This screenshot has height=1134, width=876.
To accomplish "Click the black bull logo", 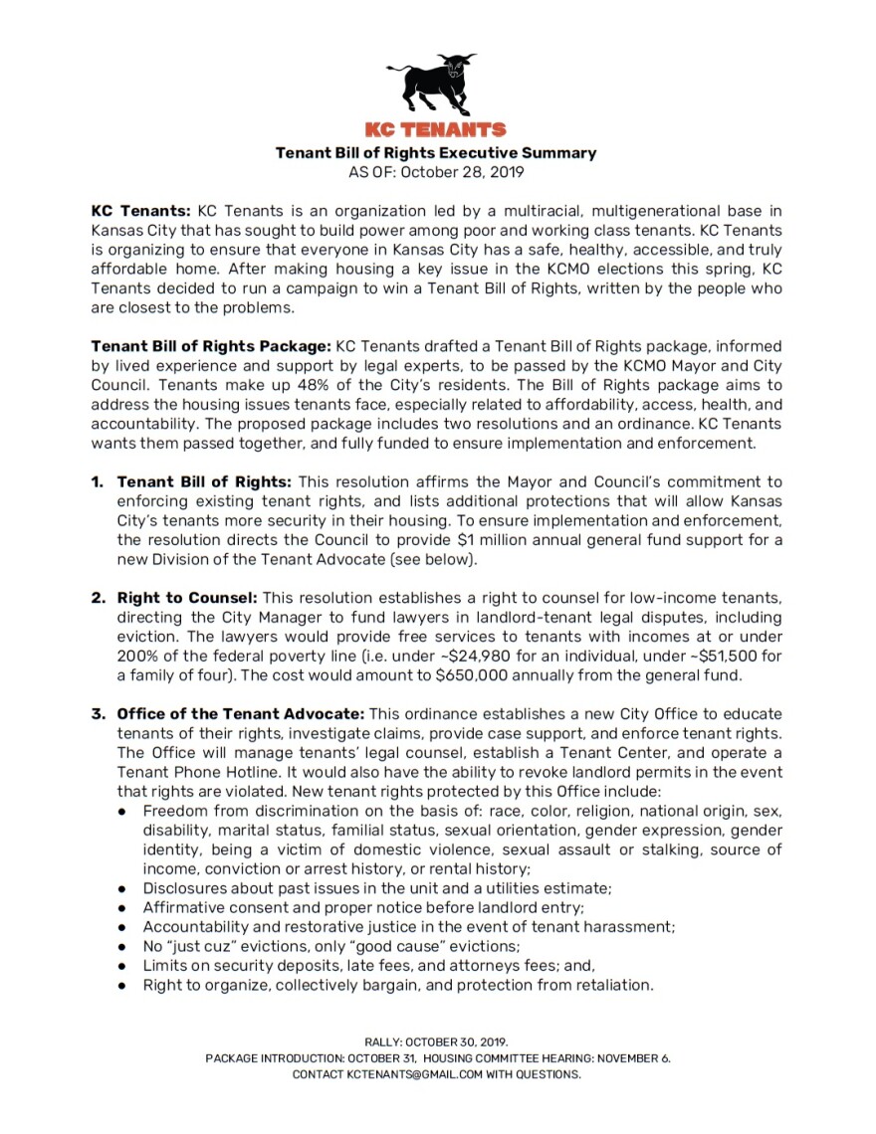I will coord(436,86).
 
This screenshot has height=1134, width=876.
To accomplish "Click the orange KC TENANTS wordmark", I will coord(436,130).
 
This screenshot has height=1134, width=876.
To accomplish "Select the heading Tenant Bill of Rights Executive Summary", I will coord(436,153).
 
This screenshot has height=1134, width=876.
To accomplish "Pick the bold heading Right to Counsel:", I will coord(187,598).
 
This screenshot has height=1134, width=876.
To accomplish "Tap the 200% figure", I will coord(137,657).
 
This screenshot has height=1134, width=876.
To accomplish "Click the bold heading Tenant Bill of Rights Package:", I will coord(211,346).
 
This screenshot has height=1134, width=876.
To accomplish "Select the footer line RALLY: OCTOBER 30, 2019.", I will coord(437,1042).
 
